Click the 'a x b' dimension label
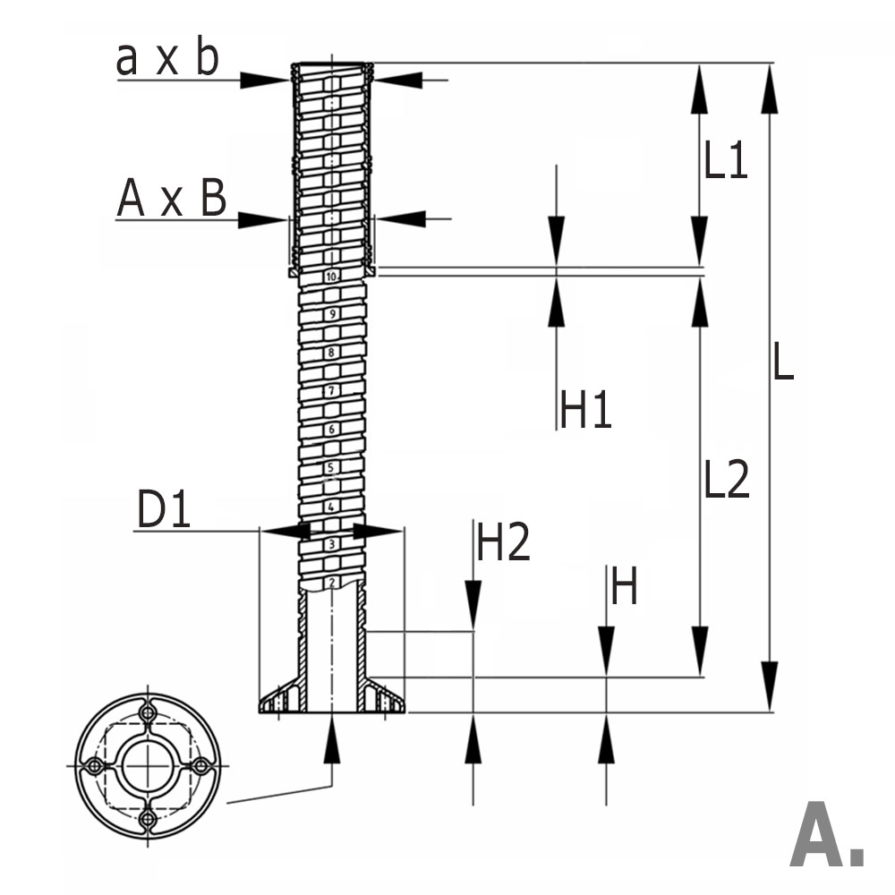click(x=167, y=60)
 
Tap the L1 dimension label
click(x=725, y=162)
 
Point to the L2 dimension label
click(x=725, y=481)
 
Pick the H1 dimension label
click(x=586, y=410)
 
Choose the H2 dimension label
click(x=504, y=542)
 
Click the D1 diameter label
click(x=164, y=511)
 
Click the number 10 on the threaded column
click(x=331, y=277)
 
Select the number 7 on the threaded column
click(x=331, y=391)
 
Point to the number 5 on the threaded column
click(x=331, y=468)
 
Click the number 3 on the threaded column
click(x=331, y=544)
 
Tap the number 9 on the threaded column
click(x=331, y=314)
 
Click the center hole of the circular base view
click(x=147, y=767)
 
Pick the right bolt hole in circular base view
click(x=201, y=767)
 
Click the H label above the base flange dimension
click(x=624, y=588)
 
